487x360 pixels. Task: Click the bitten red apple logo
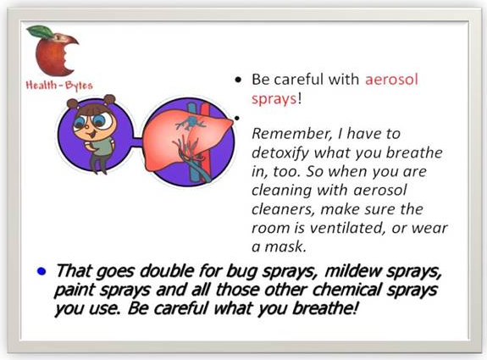pos(54,52)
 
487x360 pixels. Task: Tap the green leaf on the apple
pos(41,31)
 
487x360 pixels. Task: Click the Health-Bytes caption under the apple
pos(59,85)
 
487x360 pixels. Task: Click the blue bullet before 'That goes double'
pos(42,271)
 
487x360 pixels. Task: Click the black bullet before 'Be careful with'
pos(238,80)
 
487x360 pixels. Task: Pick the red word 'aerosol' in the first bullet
pos(391,80)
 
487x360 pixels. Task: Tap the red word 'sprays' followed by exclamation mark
pos(274,99)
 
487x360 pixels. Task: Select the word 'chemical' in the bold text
pos(346,290)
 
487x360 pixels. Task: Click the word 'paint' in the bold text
pos(75,291)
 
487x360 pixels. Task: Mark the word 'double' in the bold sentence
pos(165,271)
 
